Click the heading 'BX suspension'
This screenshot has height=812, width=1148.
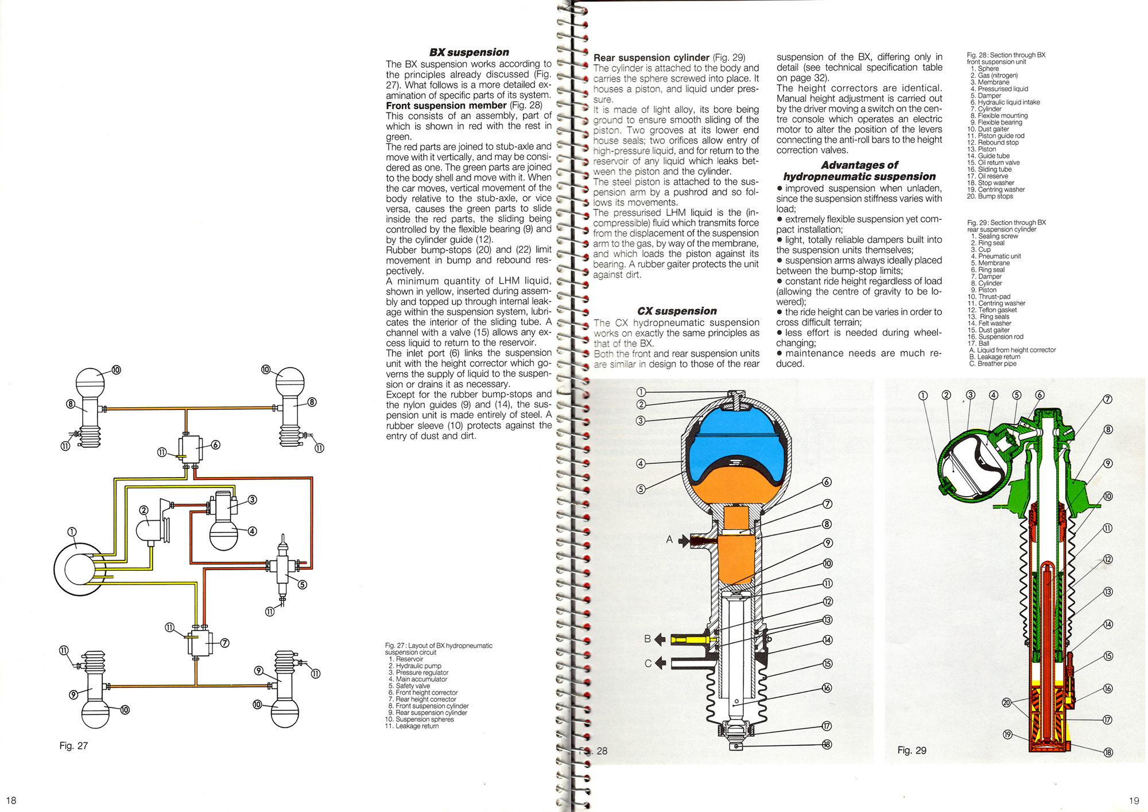[x=469, y=52]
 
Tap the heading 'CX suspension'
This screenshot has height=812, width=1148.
[x=677, y=311]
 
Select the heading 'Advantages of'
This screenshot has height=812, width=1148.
[x=859, y=165]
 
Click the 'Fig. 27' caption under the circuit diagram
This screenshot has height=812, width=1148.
[x=73, y=745]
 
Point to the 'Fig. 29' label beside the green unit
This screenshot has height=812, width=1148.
[x=912, y=750]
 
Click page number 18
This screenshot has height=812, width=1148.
[x=11, y=801]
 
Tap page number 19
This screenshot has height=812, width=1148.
[x=1133, y=801]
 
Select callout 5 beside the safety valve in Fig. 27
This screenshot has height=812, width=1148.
[x=302, y=585]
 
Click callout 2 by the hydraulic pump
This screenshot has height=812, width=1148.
[x=144, y=510]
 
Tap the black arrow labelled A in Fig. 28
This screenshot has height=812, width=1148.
[x=684, y=540]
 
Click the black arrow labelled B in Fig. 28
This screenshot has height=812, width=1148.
[x=661, y=639]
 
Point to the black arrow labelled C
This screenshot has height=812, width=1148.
[x=661, y=663]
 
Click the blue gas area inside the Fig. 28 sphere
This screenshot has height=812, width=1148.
[x=735, y=454]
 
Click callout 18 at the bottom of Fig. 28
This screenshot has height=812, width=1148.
[x=827, y=745]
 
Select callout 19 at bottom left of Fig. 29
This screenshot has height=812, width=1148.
[x=1007, y=734]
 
